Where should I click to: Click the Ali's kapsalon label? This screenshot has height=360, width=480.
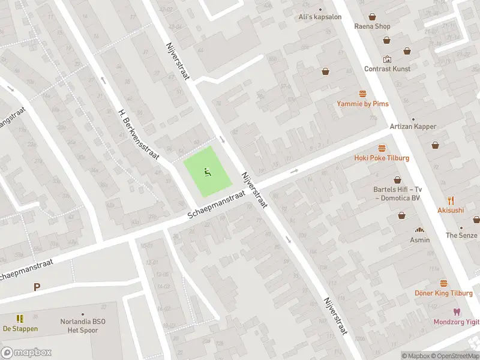320,17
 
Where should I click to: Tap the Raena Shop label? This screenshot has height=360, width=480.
372,26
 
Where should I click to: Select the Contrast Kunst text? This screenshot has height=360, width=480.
387,69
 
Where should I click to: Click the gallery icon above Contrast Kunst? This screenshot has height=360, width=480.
387,59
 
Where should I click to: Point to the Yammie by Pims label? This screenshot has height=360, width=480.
362,104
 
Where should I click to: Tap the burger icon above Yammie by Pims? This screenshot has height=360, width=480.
362,94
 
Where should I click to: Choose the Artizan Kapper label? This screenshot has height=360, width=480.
413,127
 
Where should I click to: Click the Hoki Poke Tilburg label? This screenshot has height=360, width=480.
382,158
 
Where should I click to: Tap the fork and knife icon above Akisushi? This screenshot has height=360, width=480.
451,200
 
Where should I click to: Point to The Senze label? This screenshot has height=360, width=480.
461,235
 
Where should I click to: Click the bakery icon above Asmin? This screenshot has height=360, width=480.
420,230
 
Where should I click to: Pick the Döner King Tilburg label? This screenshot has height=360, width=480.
443,293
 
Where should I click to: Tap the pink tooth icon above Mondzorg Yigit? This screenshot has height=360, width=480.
456,312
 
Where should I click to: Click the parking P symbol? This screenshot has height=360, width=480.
37,287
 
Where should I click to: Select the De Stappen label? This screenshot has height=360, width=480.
20,328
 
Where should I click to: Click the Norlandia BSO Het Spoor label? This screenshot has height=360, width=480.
83,326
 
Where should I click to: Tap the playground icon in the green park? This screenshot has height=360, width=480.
207,172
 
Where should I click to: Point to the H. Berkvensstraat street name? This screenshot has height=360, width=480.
138,134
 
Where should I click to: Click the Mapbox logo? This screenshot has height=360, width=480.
26,352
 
